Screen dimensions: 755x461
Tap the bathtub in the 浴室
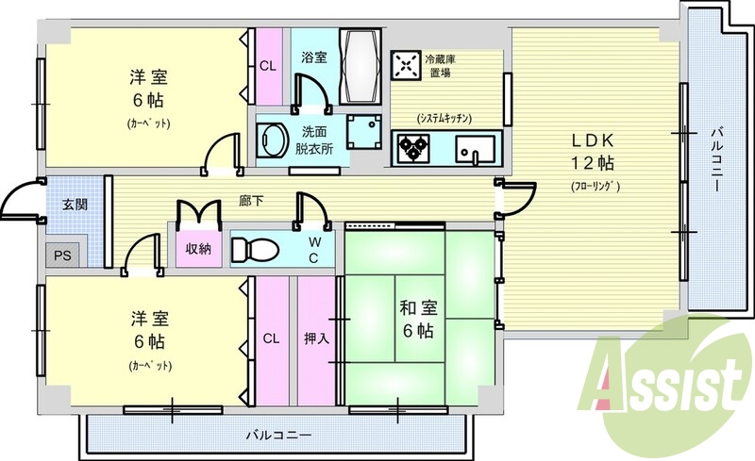coord(361,66)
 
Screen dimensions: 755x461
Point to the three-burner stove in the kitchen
coord(413,148)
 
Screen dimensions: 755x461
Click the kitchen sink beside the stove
coord(475,148)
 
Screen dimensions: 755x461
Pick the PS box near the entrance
coord(62,255)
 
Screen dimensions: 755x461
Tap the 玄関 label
coord(75,204)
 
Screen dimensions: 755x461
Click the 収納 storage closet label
coord(198,249)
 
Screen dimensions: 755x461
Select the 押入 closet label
coord(316,338)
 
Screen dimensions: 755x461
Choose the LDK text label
coord(593,140)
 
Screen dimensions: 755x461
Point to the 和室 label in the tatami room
coord(418,307)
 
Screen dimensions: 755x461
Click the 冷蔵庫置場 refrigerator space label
coord(440,66)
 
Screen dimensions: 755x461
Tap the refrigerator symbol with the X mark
coord(407,65)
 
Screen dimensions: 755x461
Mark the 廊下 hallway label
coord(251,201)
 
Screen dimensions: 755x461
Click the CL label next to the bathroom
coord(268,66)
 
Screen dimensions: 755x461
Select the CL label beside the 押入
coord(271,338)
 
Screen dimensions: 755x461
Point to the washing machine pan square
coord(364,132)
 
